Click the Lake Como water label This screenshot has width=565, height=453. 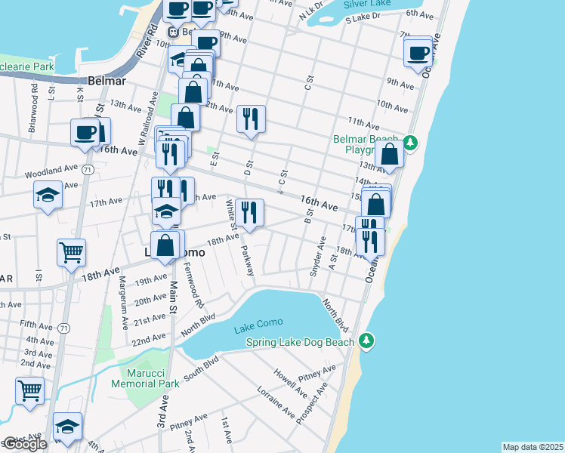click(x=258, y=323)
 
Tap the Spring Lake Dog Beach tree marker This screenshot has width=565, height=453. click(x=366, y=342)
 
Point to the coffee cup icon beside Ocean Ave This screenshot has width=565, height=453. click(x=418, y=53)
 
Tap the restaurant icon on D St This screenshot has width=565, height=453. click(x=250, y=119)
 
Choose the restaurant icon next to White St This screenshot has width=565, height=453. click(x=249, y=212)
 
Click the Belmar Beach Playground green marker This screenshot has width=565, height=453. click(x=410, y=141)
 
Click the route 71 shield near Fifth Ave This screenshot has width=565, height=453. click(x=63, y=328)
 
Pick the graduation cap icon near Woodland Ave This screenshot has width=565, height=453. click(x=48, y=196)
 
